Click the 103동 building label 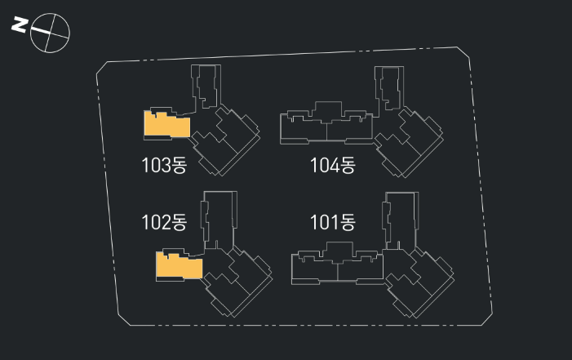click(x=164, y=167)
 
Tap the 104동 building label click(x=333, y=167)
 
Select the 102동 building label click(x=164, y=222)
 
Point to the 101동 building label click(x=333, y=221)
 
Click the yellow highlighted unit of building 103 click(x=166, y=123)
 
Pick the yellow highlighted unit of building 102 click(x=178, y=265)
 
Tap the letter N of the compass click(x=17, y=25)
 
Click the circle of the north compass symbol click(x=50, y=33)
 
